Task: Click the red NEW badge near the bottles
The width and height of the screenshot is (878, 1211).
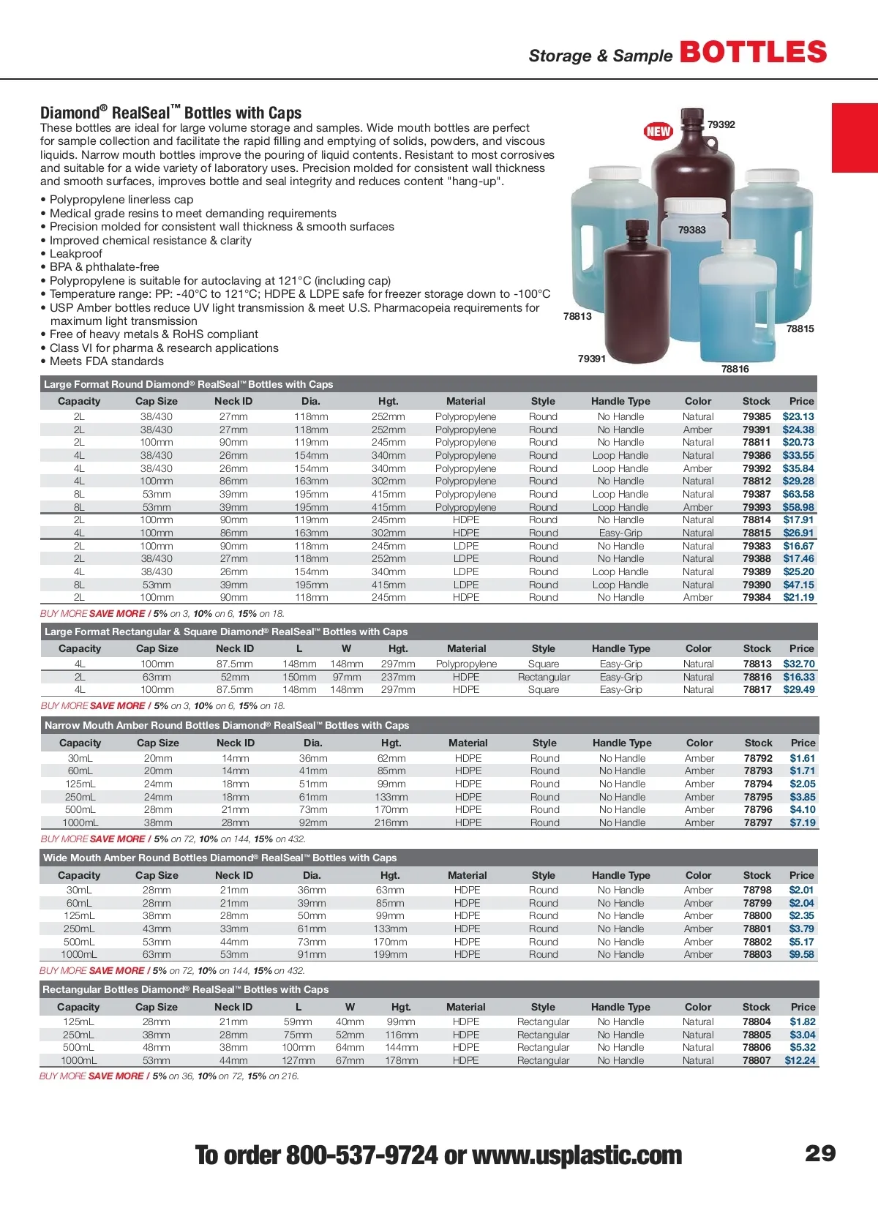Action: [658, 131]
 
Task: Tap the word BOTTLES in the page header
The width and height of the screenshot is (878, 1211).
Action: [753, 53]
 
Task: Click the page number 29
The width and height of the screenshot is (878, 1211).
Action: [819, 1153]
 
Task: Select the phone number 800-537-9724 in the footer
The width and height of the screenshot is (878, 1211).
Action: [361, 1155]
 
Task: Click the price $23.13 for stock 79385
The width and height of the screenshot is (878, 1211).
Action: [798, 416]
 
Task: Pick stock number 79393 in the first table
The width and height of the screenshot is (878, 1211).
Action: [757, 507]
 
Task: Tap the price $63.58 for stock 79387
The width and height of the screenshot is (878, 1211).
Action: [798, 494]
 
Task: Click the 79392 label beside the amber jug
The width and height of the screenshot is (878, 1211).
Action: [721, 124]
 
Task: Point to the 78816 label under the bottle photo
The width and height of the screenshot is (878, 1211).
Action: [735, 369]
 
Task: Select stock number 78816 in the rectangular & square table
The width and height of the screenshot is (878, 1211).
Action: [757, 677]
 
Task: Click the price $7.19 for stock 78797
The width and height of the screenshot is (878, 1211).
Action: [802, 822]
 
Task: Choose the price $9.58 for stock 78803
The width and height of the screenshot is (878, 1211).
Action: [801, 954]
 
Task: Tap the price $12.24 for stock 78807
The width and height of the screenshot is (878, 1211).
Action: [800, 1060]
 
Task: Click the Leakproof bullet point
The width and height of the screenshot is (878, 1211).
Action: [76, 253]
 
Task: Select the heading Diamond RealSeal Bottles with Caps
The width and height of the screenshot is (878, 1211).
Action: [170, 113]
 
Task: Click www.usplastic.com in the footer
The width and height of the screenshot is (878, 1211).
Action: [577, 1155]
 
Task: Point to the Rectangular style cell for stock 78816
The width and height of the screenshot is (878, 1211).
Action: [544, 677]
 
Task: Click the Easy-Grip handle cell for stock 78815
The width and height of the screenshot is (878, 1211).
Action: [620, 533]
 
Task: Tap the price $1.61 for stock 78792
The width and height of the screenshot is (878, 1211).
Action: [802, 758]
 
